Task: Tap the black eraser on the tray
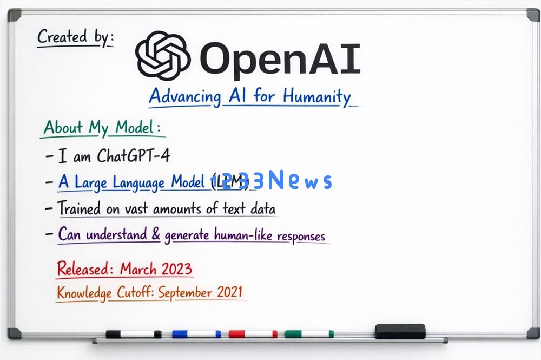tap(400, 331)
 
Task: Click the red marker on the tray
tap(253, 334)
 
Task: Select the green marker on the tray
tap(309, 334)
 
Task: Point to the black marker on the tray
tap(133, 334)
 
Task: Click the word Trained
tap(80, 208)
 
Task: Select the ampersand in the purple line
tap(156, 235)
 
